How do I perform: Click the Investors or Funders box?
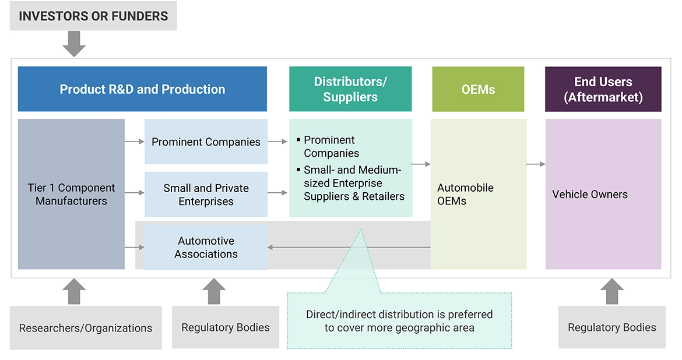(x=93, y=16)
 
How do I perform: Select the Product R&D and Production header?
(x=142, y=89)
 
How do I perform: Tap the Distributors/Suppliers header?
(x=350, y=89)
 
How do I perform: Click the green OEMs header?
(x=478, y=89)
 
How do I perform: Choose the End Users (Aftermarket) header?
(x=603, y=89)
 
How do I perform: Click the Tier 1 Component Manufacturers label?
(x=71, y=195)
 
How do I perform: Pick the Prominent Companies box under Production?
(x=206, y=142)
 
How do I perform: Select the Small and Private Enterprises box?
(x=206, y=195)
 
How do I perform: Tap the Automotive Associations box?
(x=206, y=248)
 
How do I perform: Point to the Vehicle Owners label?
(x=590, y=195)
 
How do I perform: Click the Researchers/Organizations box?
(x=86, y=328)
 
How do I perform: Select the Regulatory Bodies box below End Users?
(x=611, y=327)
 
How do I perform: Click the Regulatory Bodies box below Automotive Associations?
(x=226, y=327)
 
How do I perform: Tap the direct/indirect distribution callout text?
(x=399, y=321)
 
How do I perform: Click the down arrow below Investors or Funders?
(x=74, y=44)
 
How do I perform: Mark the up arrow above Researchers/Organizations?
(x=74, y=291)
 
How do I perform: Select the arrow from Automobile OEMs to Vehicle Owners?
(x=535, y=164)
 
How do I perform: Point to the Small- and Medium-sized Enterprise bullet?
(x=353, y=183)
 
